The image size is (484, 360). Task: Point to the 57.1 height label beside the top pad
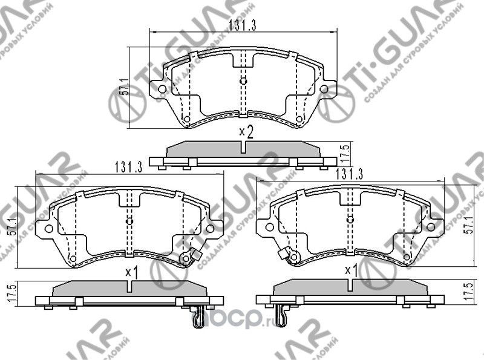(125, 87)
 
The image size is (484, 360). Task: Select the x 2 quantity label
(245, 131)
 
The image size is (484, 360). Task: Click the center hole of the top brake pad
(243, 81)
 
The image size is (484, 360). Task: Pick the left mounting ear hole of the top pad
(162, 91)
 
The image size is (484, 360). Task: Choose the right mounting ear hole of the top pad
(324, 91)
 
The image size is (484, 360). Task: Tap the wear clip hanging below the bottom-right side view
(281, 315)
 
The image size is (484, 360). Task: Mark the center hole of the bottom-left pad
(129, 221)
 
